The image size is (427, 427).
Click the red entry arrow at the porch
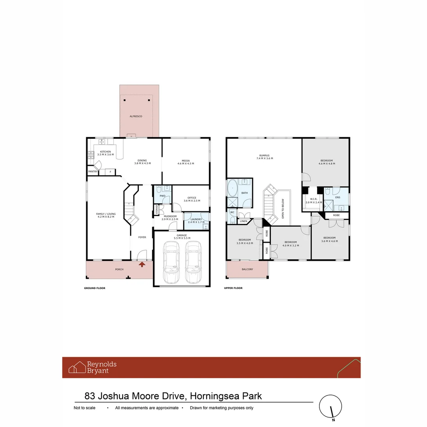[142, 265]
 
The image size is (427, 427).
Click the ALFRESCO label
[136, 117]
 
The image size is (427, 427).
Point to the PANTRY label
[93, 172]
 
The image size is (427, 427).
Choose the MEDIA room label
[186, 161]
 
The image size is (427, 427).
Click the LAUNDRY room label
[196, 219]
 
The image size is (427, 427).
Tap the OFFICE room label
[192, 198]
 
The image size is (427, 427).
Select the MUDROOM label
[170, 217]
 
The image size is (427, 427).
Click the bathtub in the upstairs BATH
[232, 188]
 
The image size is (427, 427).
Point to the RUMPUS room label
[264, 156]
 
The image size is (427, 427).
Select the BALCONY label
[247, 269]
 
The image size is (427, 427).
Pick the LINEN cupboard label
[243, 221]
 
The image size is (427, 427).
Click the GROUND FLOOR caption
[94, 288]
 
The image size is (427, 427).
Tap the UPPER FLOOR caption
[233, 288]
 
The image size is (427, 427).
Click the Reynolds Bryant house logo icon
[77, 367]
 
